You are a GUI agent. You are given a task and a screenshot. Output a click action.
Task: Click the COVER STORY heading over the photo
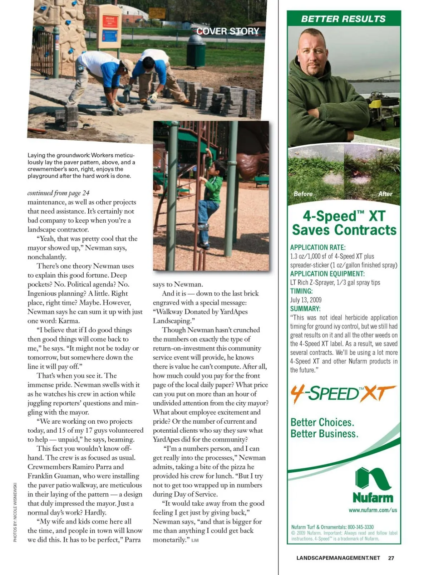pos(228,31)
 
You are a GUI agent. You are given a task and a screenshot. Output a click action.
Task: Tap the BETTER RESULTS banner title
pos(343,19)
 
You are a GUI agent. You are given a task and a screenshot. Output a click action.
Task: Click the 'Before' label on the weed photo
pos(303,194)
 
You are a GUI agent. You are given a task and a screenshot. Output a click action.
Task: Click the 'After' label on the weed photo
pos(385,194)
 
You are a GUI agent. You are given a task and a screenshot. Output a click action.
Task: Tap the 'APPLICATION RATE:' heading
pos(318,247)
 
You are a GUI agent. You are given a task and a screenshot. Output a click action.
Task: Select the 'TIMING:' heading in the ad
pos(301,291)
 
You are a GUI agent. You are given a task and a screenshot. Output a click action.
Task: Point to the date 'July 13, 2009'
pos(306,300)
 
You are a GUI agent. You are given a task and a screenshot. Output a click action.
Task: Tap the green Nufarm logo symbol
pos(373,478)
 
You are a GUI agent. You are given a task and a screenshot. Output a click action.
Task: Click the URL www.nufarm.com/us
pos(373,510)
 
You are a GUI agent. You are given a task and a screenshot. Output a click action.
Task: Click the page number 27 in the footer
pos(391,558)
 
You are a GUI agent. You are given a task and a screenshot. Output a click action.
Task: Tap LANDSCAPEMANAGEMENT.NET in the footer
pos(338,558)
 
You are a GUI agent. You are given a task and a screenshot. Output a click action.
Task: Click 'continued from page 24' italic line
pos(58,193)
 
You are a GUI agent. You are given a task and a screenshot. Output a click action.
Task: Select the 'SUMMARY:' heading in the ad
pos(305,309)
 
